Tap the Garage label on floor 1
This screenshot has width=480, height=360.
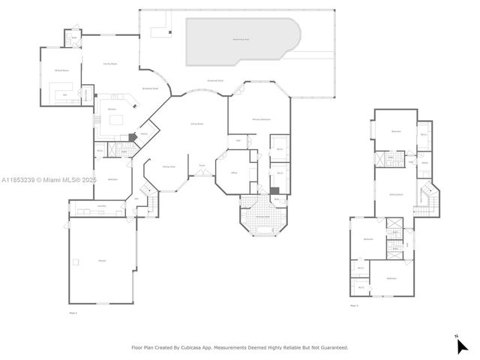point(100,260)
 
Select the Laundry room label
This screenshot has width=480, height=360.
point(100,205)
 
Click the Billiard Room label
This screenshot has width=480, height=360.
point(61,70)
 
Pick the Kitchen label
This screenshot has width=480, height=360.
point(112,110)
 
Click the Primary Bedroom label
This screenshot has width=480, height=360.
point(260,119)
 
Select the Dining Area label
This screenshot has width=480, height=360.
point(169,166)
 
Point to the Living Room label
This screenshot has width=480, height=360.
point(197,124)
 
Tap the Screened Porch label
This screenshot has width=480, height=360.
point(217,81)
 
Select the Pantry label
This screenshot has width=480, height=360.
point(142,134)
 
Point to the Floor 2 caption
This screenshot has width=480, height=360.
point(354,305)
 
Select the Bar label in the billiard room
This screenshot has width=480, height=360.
point(65,95)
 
